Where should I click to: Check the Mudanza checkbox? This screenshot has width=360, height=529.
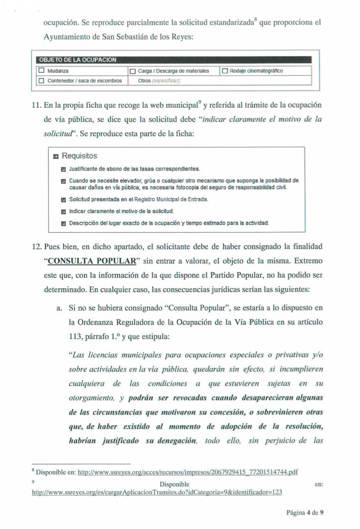(x=42, y=71)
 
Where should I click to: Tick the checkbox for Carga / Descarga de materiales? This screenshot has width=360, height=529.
(x=133, y=71)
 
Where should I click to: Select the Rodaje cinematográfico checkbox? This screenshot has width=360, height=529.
(x=225, y=71)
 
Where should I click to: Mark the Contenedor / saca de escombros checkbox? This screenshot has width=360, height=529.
(x=42, y=81)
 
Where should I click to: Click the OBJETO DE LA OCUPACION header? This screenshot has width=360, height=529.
(x=78, y=60)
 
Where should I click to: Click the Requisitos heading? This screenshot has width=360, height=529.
(x=79, y=156)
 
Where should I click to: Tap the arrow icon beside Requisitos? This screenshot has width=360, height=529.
(x=56, y=156)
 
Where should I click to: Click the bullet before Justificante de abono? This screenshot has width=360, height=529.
(x=63, y=169)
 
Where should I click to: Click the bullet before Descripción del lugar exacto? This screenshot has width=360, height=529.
(x=63, y=223)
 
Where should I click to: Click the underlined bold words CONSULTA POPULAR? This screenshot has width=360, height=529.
(x=92, y=261)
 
